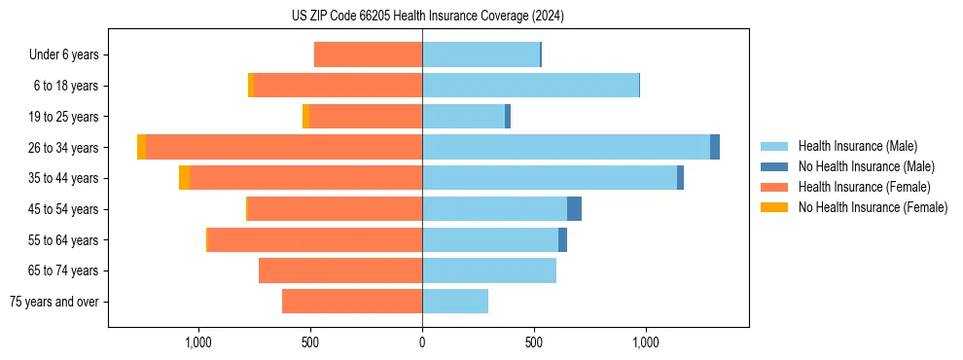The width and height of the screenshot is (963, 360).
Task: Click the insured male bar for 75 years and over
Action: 455,302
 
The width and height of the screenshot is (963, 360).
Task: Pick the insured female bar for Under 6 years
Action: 368,54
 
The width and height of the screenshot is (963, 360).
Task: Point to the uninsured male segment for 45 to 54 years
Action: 574,209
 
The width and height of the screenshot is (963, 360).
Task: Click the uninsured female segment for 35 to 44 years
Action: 184,178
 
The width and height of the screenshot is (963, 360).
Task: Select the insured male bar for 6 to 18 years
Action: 530,86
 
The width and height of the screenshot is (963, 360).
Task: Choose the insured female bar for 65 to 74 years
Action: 340,270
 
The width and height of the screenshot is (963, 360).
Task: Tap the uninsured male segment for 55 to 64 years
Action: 562,240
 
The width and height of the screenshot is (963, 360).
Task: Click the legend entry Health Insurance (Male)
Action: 857,146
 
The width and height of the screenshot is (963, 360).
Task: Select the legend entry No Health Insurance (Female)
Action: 873,207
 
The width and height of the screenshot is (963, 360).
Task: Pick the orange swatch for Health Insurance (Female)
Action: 774,187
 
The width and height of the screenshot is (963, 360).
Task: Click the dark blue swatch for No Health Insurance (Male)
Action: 774,166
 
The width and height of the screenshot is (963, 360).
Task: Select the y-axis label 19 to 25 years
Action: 65,117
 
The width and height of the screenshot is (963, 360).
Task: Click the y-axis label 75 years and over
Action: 53,302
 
